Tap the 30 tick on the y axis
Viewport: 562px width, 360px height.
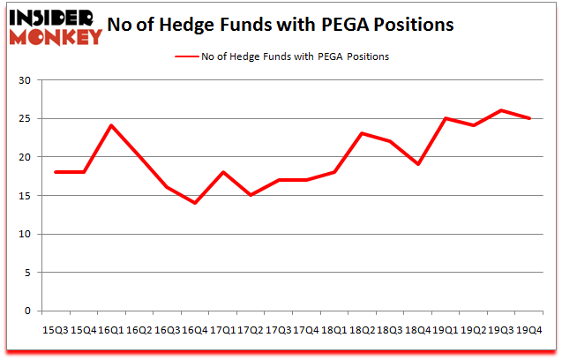point(25,80)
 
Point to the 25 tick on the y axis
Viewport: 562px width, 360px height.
point(25,119)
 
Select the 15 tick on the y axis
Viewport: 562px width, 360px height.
point(25,196)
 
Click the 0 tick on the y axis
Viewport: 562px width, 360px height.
point(28,311)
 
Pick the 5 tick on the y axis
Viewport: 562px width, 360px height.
point(28,273)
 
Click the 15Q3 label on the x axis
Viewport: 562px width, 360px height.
point(56,330)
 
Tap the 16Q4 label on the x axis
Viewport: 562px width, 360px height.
point(194,330)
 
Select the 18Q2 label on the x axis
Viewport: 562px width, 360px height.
point(362,330)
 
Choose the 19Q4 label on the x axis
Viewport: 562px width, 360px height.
point(528,330)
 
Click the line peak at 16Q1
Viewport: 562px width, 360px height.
point(111,125)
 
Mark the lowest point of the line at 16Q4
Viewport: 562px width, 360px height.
point(194,203)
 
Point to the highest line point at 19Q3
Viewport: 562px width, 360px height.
point(500,110)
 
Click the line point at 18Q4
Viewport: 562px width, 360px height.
point(417,164)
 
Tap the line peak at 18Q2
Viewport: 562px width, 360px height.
point(362,133)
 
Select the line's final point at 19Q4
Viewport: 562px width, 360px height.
point(528,118)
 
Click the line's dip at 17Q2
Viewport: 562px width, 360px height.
point(251,195)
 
